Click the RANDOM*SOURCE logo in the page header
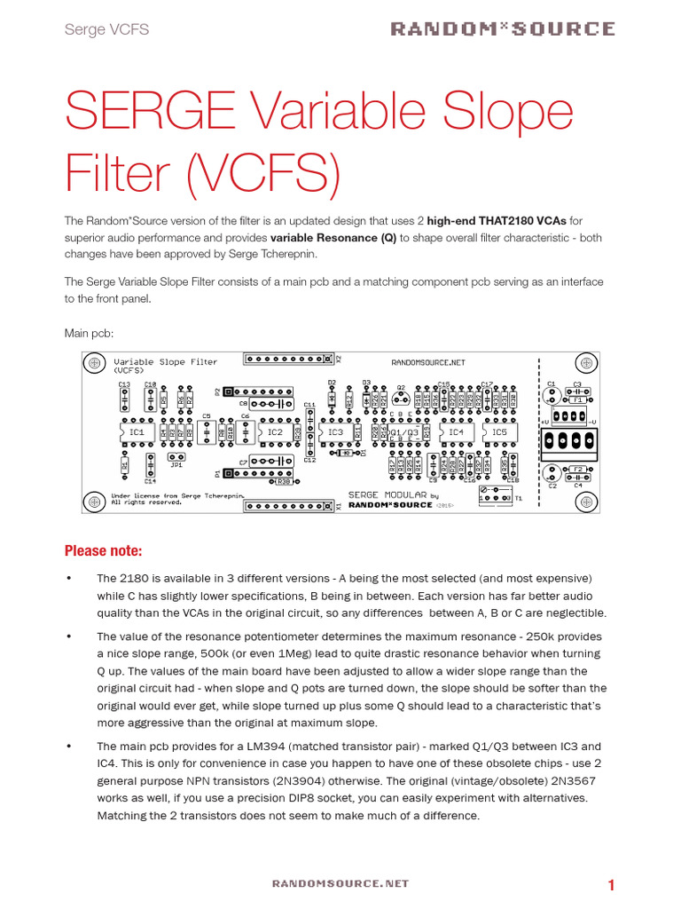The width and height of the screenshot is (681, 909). click(x=503, y=29)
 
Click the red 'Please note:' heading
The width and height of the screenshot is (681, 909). click(x=103, y=550)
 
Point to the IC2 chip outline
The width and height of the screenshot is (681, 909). click(x=275, y=432)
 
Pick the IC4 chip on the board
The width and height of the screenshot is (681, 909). click(x=456, y=432)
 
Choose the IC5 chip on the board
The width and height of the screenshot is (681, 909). click(x=499, y=432)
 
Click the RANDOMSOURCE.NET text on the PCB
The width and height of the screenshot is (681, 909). click(x=427, y=362)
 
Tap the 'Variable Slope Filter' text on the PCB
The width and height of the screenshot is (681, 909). click(x=166, y=362)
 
